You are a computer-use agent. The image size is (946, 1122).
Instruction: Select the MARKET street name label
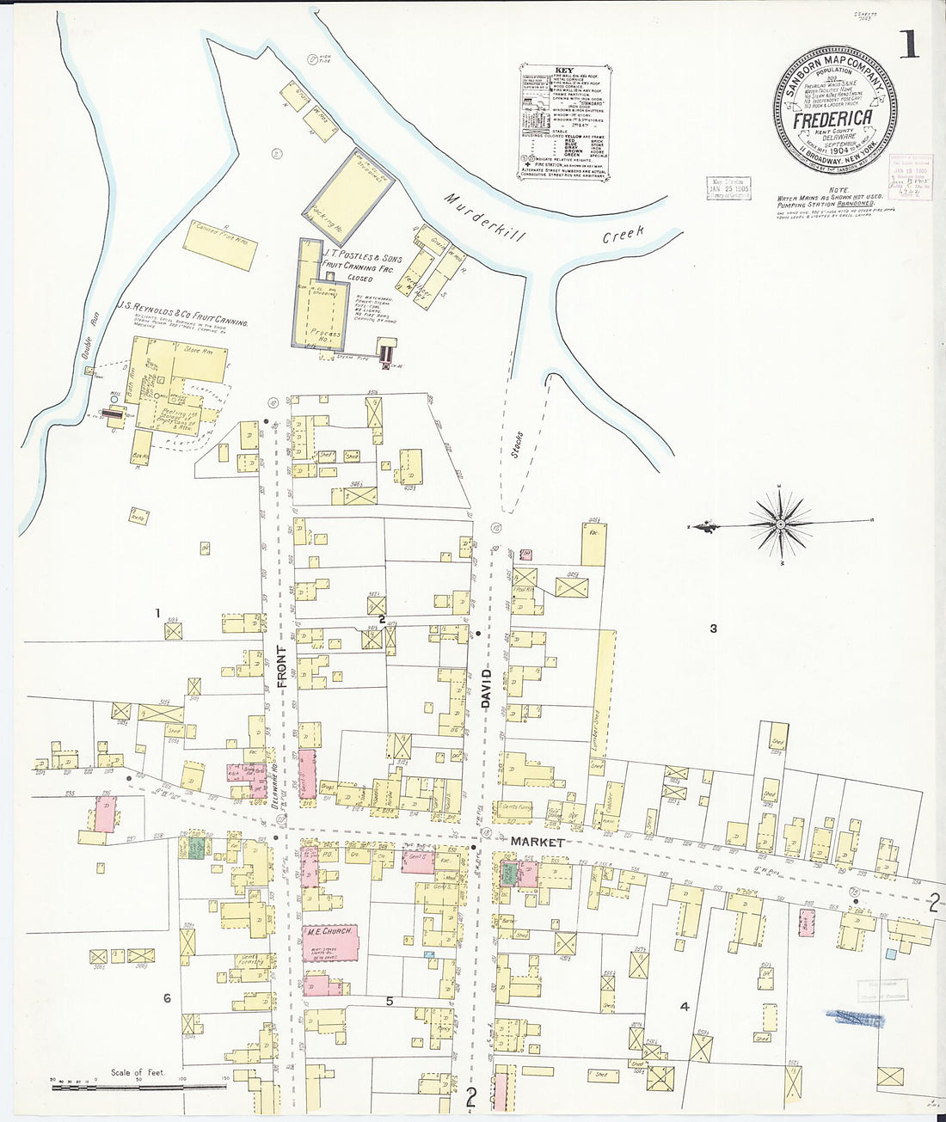coord(537,842)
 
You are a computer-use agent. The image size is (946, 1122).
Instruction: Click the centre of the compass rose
coord(779,522)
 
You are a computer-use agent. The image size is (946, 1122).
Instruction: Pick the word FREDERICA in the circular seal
coord(832,119)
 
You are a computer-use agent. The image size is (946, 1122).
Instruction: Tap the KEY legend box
coord(565,122)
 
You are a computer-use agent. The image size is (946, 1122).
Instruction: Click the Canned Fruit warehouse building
coord(220,243)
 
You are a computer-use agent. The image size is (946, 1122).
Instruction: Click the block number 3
coord(713,628)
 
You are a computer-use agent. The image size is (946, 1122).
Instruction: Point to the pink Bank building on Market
coord(807,922)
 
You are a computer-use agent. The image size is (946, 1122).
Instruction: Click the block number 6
coord(168,998)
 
